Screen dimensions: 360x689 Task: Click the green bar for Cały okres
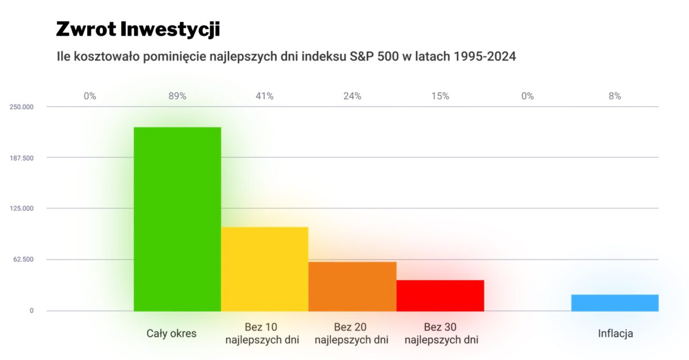(x=177, y=219)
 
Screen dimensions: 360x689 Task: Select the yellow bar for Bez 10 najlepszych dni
(x=265, y=269)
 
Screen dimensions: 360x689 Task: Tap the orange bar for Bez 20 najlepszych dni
(x=352, y=286)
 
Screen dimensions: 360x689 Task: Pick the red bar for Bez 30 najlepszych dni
(x=440, y=295)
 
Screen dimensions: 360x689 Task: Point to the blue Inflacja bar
(x=614, y=303)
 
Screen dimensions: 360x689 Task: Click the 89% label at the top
(x=177, y=96)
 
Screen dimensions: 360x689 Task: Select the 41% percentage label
(x=265, y=96)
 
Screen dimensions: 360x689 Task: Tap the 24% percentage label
(x=352, y=96)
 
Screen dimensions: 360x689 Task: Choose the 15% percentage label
(x=440, y=96)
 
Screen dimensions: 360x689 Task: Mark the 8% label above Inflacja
(x=614, y=96)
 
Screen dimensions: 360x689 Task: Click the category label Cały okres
(x=171, y=333)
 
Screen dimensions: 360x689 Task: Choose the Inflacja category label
(x=615, y=333)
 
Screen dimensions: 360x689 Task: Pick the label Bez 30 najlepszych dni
(x=441, y=334)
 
